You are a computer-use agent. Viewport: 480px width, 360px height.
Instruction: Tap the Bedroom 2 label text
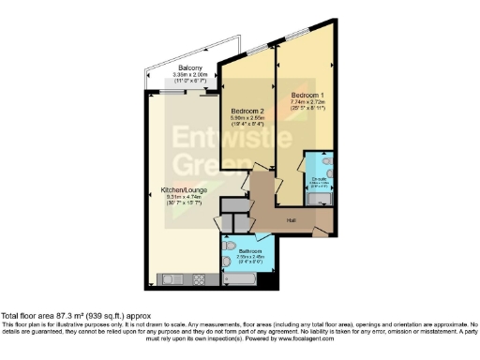248,111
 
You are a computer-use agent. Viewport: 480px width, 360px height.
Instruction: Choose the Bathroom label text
248,251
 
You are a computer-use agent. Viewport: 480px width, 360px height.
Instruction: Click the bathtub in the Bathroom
247,278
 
